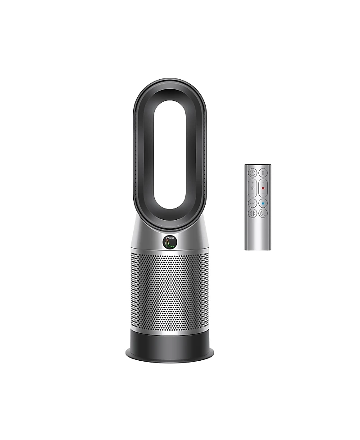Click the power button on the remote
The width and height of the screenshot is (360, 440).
252,173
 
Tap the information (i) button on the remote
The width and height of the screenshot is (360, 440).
263,173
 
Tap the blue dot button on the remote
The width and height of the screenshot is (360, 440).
263,203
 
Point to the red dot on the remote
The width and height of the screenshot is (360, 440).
263,188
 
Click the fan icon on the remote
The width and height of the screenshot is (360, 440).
252,188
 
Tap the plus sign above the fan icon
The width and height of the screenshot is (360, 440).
252,183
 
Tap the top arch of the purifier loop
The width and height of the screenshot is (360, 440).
170,86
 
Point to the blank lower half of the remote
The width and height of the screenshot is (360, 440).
258,234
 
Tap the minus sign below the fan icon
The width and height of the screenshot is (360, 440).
252,194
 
